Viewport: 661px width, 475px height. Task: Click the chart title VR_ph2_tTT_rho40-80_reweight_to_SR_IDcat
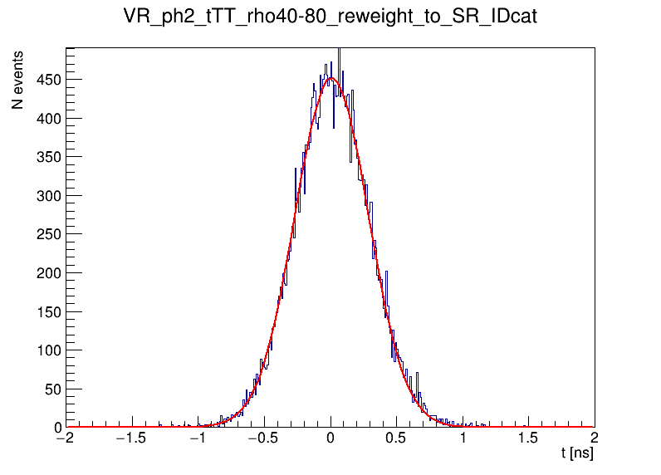(330, 17)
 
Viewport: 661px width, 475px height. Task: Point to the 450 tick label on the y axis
(48, 80)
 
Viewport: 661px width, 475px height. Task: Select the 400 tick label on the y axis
(48, 119)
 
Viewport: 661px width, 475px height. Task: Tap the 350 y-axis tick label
(48, 157)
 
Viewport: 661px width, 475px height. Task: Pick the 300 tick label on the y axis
(48, 196)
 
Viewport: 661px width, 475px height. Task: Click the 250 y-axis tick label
(48, 234)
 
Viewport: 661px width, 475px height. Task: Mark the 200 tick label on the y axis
(48, 273)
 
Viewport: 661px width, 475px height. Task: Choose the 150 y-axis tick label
(48, 311)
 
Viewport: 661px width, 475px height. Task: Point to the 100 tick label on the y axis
(48, 350)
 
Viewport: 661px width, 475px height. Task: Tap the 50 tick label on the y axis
(52, 389)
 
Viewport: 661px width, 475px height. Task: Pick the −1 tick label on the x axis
(198, 439)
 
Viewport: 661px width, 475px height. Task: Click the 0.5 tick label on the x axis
(397, 439)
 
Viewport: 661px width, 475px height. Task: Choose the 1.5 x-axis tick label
(529, 439)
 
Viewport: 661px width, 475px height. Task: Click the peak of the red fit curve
(330, 78)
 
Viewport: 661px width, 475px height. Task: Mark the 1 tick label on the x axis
(463, 439)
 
